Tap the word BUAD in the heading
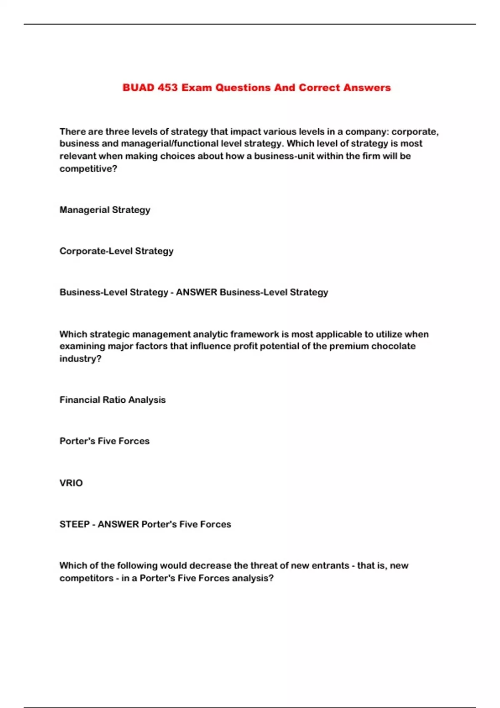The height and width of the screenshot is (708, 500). click(x=138, y=88)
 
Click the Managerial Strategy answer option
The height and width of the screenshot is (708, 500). click(x=105, y=210)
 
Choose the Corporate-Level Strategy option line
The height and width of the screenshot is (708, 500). click(x=116, y=251)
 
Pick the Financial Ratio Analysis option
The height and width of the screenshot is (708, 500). click(x=112, y=400)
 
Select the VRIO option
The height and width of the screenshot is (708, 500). click(x=71, y=483)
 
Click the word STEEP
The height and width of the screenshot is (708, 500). click(x=75, y=524)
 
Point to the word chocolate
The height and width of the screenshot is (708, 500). click(x=393, y=346)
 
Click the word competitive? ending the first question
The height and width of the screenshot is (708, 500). click(x=88, y=169)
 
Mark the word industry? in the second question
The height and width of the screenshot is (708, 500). click(x=80, y=359)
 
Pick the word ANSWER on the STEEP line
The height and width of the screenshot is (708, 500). click(x=118, y=524)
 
